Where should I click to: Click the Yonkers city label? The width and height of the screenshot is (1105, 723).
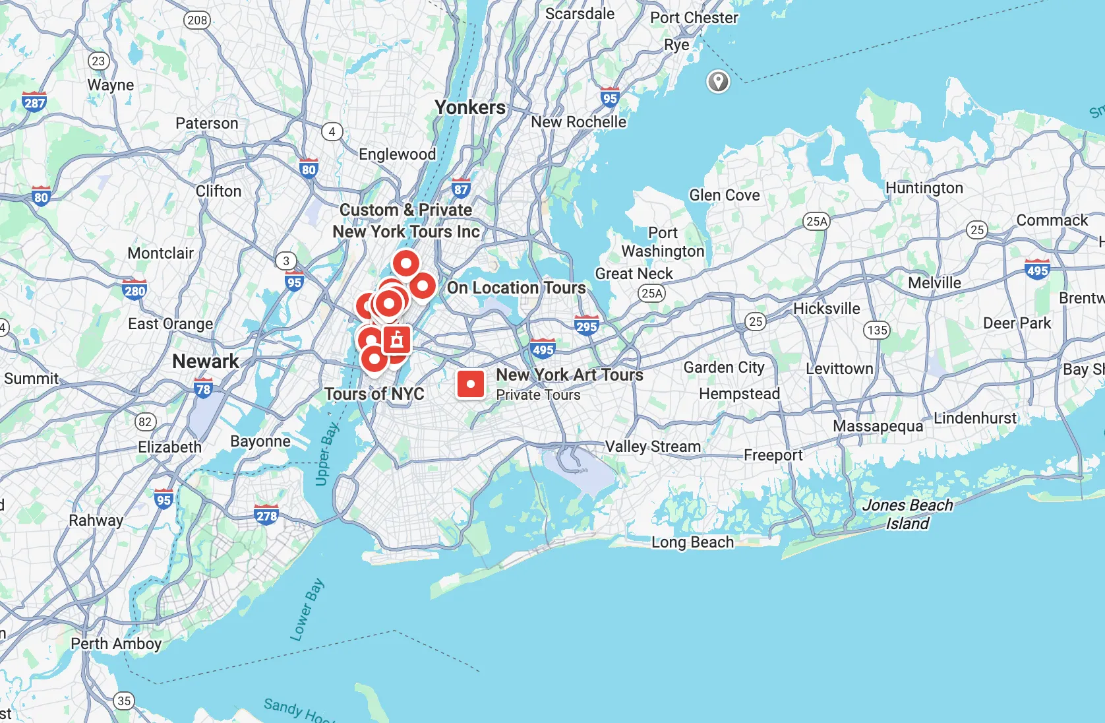pyautogui.click(x=470, y=108)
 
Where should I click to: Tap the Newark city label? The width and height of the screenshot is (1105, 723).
pyautogui.click(x=206, y=361)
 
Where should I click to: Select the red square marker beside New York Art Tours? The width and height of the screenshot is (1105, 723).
pyautogui.click(x=471, y=383)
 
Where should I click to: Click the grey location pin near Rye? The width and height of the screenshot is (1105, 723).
pyautogui.click(x=718, y=82)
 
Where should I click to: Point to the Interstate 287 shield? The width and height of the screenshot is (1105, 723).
pyautogui.click(x=34, y=102)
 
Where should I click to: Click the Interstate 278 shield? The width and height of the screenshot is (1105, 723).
pyautogui.click(x=266, y=515)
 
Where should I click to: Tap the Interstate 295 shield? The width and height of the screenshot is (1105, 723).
pyautogui.click(x=586, y=325)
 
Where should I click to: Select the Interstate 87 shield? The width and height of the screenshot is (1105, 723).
pyautogui.click(x=461, y=189)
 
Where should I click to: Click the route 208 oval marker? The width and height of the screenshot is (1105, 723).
pyautogui.click(x=197, y=20)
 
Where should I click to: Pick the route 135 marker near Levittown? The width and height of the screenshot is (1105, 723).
pyautogui.click(x=877, y=330)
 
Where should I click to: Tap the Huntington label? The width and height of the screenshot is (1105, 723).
pyautogui.click(x=924, y=188)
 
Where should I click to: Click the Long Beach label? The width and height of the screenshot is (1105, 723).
pyautogui.click(x=692, y=542)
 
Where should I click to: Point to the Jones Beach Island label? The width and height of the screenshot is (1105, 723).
pyautogui.click(x=907, y=514)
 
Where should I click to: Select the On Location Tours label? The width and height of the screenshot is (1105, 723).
pyautogui.click(x=516, y=288)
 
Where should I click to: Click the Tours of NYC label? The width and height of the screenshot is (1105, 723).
pyautogui.click(x=374, y=394)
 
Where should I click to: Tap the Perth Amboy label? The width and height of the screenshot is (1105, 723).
pyautogui.click(x=116, y=644)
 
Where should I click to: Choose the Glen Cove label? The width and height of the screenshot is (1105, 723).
pyautogui.click(x=725, y=195)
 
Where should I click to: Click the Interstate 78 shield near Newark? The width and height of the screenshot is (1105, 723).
pyautogui.click(x=204, y=388)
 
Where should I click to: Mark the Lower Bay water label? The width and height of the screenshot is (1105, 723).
pyautogui.click(x=307, y=610)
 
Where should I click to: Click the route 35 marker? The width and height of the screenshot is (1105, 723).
pyautogui.click(x=124, y=701)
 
